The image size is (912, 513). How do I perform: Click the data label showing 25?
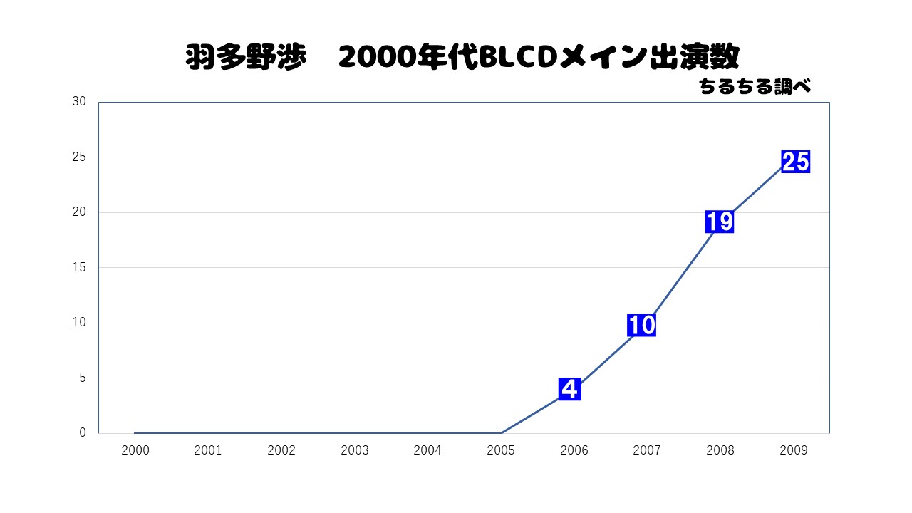[x=795, y=162]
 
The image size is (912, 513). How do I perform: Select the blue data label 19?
[x=720, y=222]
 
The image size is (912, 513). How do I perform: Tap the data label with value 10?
[x=641, y=326]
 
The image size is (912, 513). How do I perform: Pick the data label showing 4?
[x=569, y=389]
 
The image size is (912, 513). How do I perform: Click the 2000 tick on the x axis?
[x=135, y=450]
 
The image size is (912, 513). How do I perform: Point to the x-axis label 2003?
[x=354, y=450]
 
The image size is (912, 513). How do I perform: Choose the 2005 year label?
[x=501, y=450]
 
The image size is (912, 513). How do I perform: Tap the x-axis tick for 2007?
[x=647, y=450]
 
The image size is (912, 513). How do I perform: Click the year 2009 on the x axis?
[x=794, y=450]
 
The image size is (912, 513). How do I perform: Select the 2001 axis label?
[x=208, y=450]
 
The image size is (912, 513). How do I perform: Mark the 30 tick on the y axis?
[x=79, y=102]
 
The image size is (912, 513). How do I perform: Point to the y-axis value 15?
[x=79, y=267]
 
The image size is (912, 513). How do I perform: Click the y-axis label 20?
[x=79, y=212]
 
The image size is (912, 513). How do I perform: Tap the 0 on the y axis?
[x=83, y=432]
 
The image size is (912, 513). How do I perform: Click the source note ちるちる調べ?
[x=755, y=87]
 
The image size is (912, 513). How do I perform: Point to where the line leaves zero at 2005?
[x=501, y=432]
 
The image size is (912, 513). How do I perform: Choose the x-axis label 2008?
[x=720, y=450]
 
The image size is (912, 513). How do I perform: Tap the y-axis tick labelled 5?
[x=83, y=378]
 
